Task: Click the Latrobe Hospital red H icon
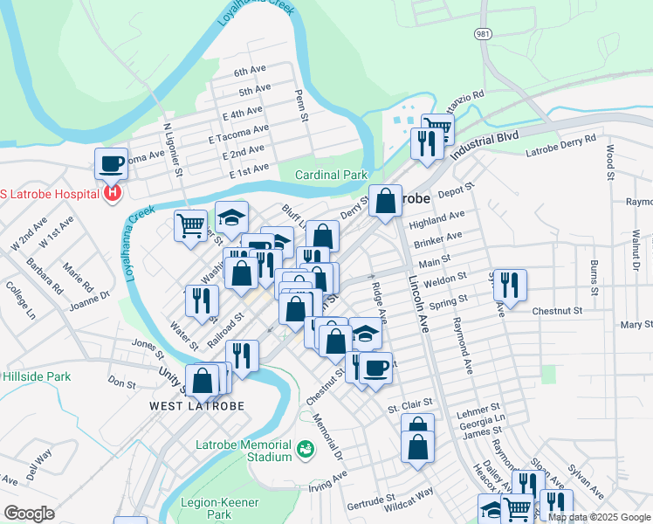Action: pos(111,192)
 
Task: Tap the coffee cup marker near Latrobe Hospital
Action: pos(111,162)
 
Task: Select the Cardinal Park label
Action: pos(331,175)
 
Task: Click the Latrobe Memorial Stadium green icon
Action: pos(305,449)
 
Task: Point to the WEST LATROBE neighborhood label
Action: pos(196,406)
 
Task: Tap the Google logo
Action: pos(30,513)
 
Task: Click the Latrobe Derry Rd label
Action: pos(561,145)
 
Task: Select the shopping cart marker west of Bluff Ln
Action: pos(190,226)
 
